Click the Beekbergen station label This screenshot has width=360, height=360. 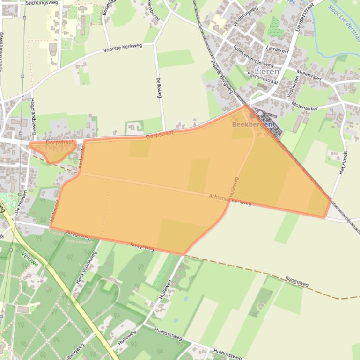click(x=252, y=125)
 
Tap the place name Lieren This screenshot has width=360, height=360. click(x=268, y=72)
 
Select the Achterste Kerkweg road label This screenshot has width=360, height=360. click(x=230, y=200)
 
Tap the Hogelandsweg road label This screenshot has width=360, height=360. click(x=33, y=113)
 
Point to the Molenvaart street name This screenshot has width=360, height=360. click(x=309, y=76)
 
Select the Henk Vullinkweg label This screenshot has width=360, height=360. click(x=86, y=267)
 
